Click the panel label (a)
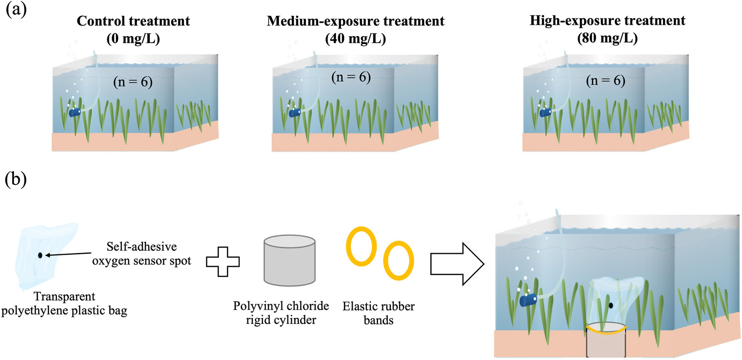[16, 10]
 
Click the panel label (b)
[16, 180]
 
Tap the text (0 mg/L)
[133, 39]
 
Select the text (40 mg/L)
[356, 39]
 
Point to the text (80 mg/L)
[607, 39]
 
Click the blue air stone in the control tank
[75, 112]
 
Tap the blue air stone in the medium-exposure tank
[295, 113]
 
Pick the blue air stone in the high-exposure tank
[546, 113]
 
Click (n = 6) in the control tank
[133, 82]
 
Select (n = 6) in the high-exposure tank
[606, 81]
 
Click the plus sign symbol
[223, 262]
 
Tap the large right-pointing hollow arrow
[458, 264]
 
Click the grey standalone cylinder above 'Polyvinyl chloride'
[289, 260]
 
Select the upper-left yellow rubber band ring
[362, 246]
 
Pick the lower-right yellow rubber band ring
[399, 261]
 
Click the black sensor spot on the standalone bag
[40, 255]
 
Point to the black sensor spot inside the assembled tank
[611, 305]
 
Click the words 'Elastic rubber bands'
[378, 314]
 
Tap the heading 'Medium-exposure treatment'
[356, 21]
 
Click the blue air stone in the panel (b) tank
[528, 300]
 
